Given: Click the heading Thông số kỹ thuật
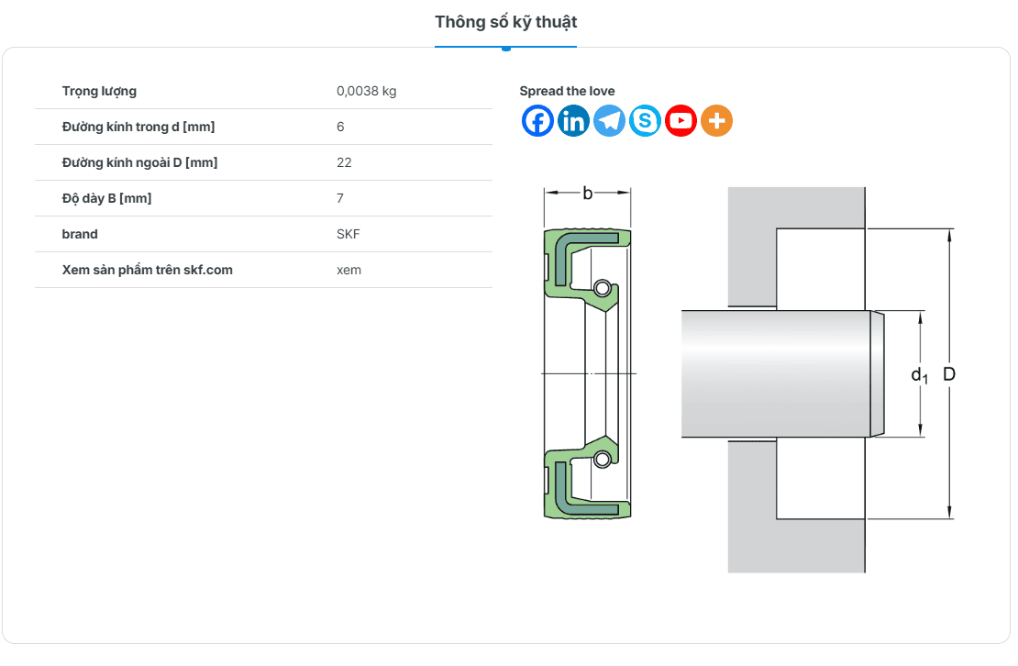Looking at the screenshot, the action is (x=505, y=23).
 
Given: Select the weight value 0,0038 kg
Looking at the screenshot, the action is (x=366, y=92).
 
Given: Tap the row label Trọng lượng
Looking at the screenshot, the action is (x=99, y=92).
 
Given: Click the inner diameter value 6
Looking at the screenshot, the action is (x=340, y=127).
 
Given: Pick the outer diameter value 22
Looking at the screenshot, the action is (x=344, y=162).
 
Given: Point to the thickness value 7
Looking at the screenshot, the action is (x=340, y=198).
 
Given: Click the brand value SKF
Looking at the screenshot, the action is (x=348, y=234).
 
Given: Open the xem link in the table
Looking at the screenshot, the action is (x=349, y=270).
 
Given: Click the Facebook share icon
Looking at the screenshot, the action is (x=537, y=121).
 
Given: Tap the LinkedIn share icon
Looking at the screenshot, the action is (x=573, y=121).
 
